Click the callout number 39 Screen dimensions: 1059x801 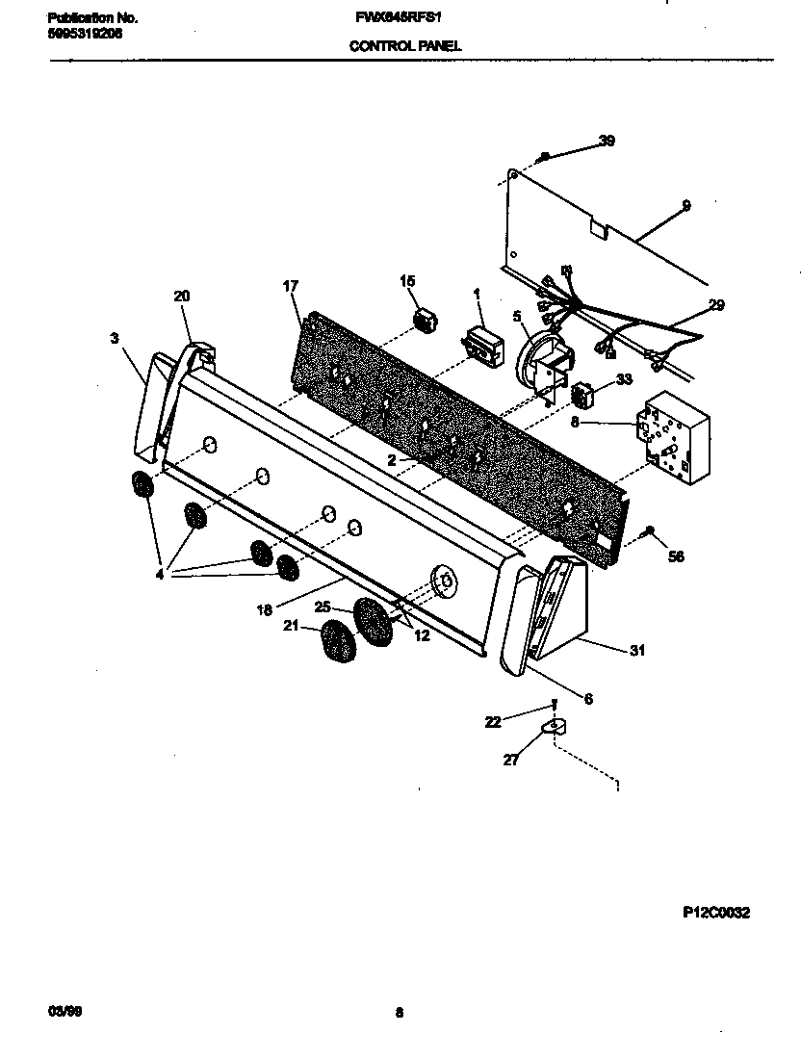coord(606,141)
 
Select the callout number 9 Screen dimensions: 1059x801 coord(685,204)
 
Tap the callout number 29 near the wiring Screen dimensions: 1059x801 coord(715,305)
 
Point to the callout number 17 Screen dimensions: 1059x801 coord(290,286)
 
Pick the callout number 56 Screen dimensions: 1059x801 coord(676,556)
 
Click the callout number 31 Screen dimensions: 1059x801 coord(636,650)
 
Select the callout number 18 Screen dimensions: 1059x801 coord(264,610)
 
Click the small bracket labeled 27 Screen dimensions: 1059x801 coord(555,729)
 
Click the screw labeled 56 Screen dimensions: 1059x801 coord(649,530)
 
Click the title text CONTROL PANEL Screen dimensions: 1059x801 coord(404,45)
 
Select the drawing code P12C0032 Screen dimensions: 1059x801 coord(710,913)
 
